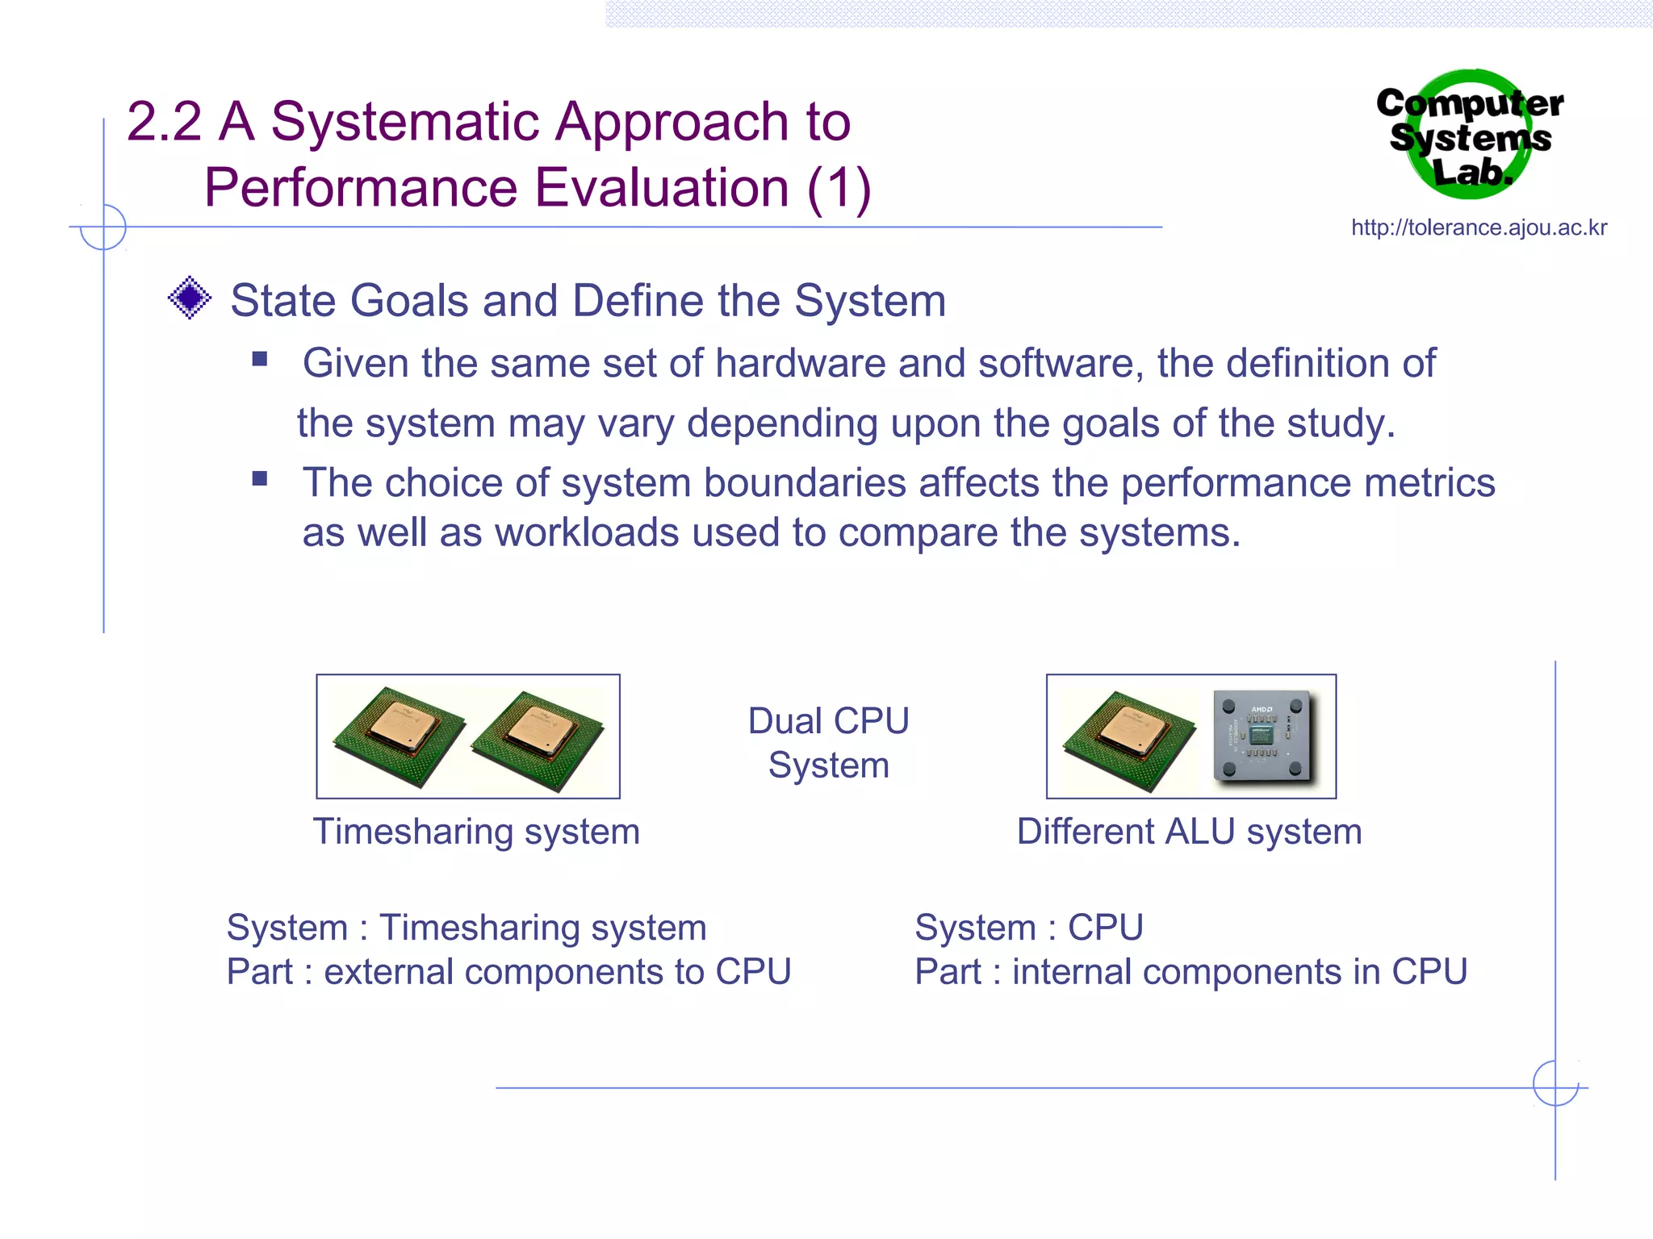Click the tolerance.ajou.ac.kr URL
pyautogui.click(x=1479, y=228)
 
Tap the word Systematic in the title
pyautogui.click(x=404, y=123)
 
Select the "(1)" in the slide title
pyautogui.click(x=839, y=189)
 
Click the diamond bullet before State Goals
pyautogui.click(x=190, y=298)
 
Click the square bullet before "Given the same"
pyautogui.click(x=259, y=359)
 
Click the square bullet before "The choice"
pyautogui.click(x=259, y=478)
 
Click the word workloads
pyautogui.click(x=587, y=533)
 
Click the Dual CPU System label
pyautogui.click(x=828, y=742)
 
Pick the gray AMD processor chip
pyautogui.click(x=1262, y=735)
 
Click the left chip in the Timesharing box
pyautogui.click(x=399, y=736)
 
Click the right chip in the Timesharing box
pyautogui.click(x=538, y=738)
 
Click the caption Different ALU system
pyautogui.click(x=1189, y=832)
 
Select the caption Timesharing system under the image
pyautogui.click(x=476, y=832)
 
